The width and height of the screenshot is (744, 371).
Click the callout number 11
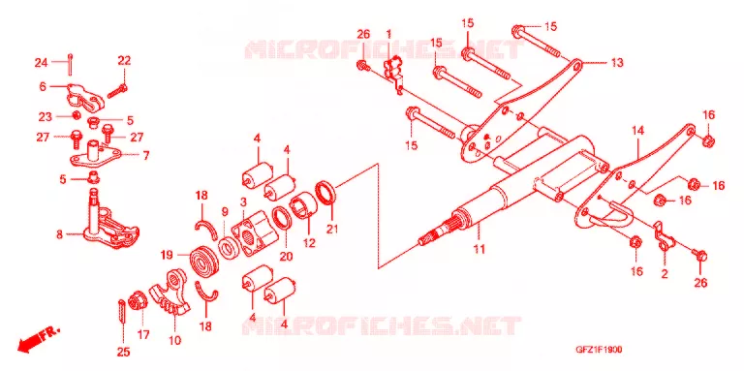[480, 249]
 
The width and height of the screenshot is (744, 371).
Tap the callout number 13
[617, 63]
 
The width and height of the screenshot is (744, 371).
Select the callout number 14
[638, 132]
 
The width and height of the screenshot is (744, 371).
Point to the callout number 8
[59, 234]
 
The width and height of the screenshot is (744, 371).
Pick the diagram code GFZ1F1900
[599, 350]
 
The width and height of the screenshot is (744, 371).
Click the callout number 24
[41, 62]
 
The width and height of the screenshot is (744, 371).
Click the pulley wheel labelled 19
[204, 263]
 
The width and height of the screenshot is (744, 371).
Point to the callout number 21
[332, 230]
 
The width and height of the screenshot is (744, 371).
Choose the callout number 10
[174, 340]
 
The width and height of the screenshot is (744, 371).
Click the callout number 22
[124, 61]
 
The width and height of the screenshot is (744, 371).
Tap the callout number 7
[145, 155]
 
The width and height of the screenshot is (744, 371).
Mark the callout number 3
[243, 202]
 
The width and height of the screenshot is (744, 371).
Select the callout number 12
[309, 243]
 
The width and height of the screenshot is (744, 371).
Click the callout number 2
[665, 273]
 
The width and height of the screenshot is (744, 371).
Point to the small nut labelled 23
[75, 115]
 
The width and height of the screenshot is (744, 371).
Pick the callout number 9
[225, 210]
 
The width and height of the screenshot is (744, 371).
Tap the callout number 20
[286, 256]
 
